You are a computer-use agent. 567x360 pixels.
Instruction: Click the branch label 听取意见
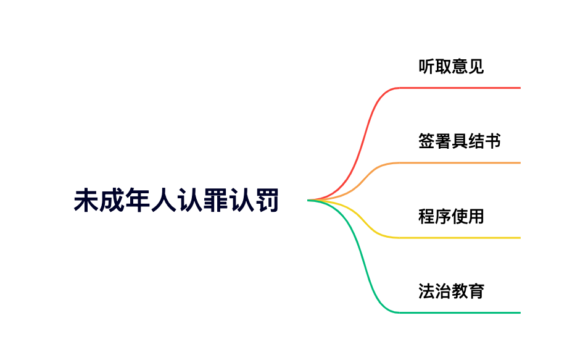click(x=451, y=66)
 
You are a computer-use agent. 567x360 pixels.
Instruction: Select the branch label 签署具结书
click(x=459, y=141)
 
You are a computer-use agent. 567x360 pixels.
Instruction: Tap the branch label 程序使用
click(x=451, y=216)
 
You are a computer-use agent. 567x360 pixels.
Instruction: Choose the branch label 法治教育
click(x=451, y=291)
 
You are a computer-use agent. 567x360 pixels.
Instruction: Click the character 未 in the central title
click(x=86, y=200)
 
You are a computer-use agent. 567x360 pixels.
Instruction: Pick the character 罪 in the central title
click(x=216, y=200)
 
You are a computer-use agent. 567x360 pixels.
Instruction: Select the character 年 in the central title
click(x=138, y=200)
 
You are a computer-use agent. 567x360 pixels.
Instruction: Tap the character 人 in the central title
click(x=164, y=200)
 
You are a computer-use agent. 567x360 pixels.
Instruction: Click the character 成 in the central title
click(x=112, y=200)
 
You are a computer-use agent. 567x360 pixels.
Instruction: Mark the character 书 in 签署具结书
click(x=493, y=141)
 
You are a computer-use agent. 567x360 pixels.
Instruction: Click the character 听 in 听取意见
click(x=426, y=66)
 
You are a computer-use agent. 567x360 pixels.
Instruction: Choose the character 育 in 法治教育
click(x=476, y=291)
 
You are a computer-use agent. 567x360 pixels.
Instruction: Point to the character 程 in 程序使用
click(x=426, y=216)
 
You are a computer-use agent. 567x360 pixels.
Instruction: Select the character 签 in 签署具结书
click(x=426, y=141)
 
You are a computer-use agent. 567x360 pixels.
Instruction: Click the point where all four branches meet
click(x=308, y=200)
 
